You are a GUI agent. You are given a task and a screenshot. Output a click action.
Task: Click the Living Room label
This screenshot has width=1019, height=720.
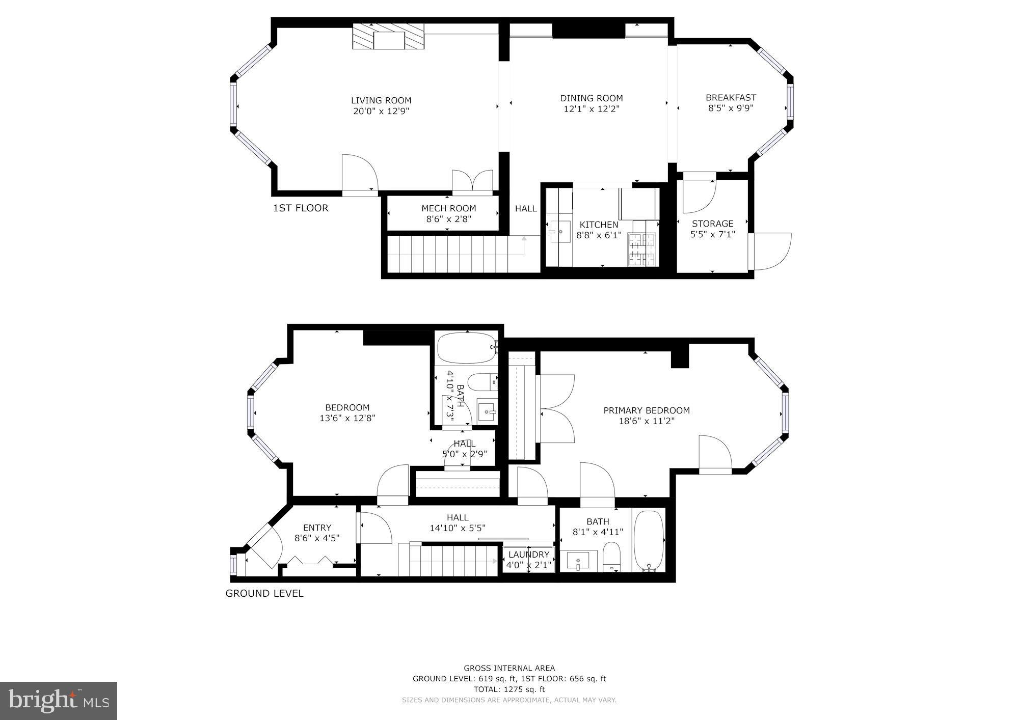tap(381, 100)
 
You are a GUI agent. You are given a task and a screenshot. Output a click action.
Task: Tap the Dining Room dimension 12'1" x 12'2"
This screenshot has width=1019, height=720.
tap(592, 109)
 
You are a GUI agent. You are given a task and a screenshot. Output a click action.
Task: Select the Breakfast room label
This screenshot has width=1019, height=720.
tap(731, 97)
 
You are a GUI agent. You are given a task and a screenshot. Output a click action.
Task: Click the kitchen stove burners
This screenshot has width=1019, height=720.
tap(643, 250)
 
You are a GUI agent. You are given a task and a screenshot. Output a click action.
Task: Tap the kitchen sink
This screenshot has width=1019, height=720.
tap(560, 233)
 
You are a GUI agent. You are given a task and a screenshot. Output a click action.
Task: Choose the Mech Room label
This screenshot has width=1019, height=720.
tap(449, 208)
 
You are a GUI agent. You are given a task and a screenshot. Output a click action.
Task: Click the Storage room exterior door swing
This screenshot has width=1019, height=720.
tap(770, 251)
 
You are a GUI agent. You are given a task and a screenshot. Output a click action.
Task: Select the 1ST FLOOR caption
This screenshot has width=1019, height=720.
tap(301, 208)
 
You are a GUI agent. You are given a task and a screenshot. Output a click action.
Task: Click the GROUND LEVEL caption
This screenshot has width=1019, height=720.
tap(264, 593)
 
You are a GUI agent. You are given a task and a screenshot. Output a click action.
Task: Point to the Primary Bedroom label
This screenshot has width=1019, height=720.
tap(647, 410)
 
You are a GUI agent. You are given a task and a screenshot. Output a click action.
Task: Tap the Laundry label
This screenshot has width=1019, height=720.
tap(529, 555)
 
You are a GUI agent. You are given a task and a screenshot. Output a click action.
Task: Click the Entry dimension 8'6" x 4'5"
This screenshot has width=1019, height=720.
tap(317, 538)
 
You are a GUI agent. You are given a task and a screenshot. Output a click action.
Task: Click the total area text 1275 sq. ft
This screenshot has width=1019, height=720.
tap(524, 689)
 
